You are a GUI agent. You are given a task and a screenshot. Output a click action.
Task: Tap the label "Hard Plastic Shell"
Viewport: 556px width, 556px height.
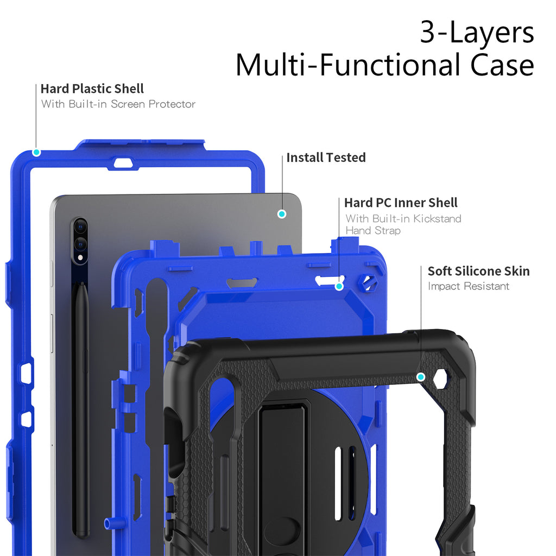tap(92, 89)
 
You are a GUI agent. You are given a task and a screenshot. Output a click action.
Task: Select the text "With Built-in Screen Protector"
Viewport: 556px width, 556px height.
tap(118, 104)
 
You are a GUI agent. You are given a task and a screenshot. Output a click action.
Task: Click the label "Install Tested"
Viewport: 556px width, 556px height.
tap(326, 157)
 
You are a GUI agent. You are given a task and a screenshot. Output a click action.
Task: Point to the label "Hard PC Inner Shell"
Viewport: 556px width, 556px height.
tap(401, 203)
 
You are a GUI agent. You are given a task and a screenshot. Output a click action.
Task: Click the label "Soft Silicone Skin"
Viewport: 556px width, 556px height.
tap(478, 271)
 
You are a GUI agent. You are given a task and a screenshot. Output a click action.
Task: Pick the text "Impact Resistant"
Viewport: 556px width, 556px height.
tap(469, 286)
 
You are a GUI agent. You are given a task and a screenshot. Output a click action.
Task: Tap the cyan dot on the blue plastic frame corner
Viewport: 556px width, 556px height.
tap(36, 152)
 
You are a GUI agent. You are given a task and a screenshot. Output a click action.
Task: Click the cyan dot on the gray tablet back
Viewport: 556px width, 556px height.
tap(281, 214)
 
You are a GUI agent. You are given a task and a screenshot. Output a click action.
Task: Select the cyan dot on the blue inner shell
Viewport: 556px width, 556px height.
tap(339, 286)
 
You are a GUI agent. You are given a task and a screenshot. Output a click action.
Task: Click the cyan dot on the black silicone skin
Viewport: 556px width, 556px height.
tap(420, 377)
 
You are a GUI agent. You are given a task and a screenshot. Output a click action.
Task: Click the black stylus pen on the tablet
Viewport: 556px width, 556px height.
tap(81, 407)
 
